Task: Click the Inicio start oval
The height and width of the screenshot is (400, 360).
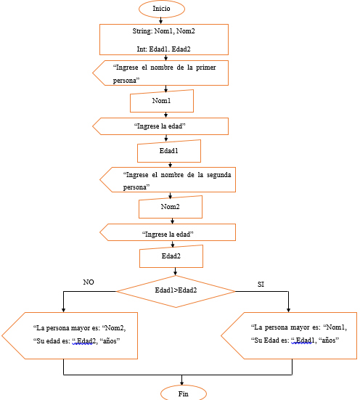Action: tap(162, 8)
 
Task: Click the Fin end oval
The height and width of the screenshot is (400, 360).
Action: tap(183, 393)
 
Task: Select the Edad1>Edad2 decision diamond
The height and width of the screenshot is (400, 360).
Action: tap(176, 290)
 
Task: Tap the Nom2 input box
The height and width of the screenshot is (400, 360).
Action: tap(170, 207)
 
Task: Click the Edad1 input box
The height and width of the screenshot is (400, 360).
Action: tap(168, 151)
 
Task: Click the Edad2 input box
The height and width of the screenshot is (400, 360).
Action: tap(171, 256)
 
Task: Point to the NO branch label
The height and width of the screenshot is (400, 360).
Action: tap(89, 282)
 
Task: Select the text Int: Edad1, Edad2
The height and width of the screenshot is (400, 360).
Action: tap(163, 49)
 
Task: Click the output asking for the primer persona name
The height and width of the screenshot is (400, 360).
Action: tap(161, 73)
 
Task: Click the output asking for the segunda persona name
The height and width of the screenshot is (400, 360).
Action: tap(168, 180)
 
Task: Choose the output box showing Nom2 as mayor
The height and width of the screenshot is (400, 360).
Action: tap(73, 335)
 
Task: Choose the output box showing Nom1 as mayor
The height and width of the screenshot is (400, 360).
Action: tap(290, 335)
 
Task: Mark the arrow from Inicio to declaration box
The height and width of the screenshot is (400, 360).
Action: tap(161, 20)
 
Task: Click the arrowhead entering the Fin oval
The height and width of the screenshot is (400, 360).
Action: tap(182, 383)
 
